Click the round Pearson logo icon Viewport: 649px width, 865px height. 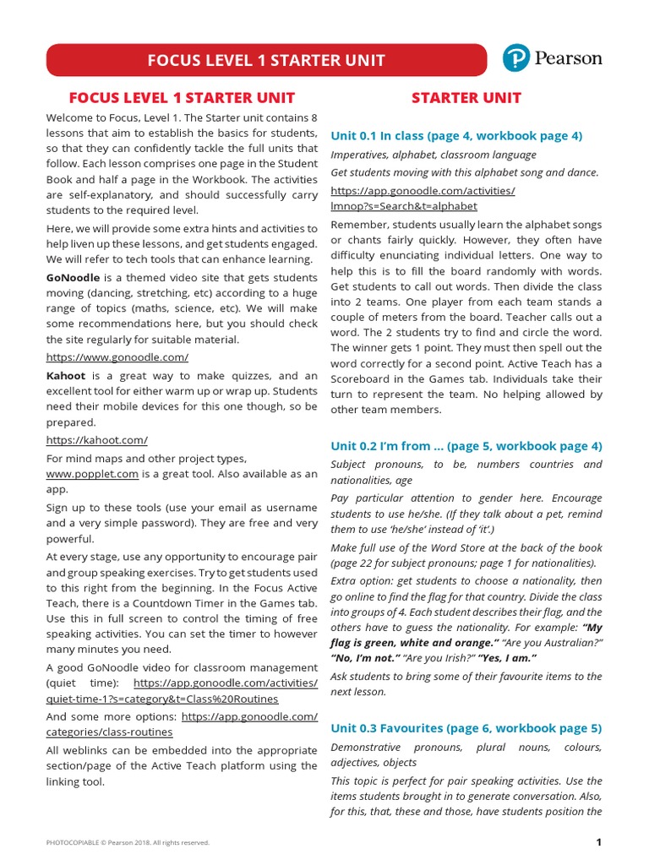click(x=515, y=58)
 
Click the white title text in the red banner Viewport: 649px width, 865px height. click(x=266, y=61)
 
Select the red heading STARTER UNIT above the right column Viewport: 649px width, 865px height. click(x=466, y=98)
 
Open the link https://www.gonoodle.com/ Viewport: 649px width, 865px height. click(x=117, y=357)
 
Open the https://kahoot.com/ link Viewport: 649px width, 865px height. click(x=97, y=439)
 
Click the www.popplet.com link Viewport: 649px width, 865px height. click(x=92, y=474)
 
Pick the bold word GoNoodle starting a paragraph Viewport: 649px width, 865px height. click(x=74, y=277)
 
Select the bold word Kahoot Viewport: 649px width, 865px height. click(x=66, y=376)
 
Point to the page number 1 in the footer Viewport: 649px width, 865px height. click(x=598, y=842)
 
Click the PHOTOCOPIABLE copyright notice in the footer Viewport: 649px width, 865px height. click(x=128, y=842)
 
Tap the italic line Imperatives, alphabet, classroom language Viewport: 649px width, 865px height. click(x=433, y=155)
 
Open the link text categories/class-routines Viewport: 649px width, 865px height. click(x=109, y=732)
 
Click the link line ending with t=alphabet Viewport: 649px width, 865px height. click(x=404, y=205)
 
